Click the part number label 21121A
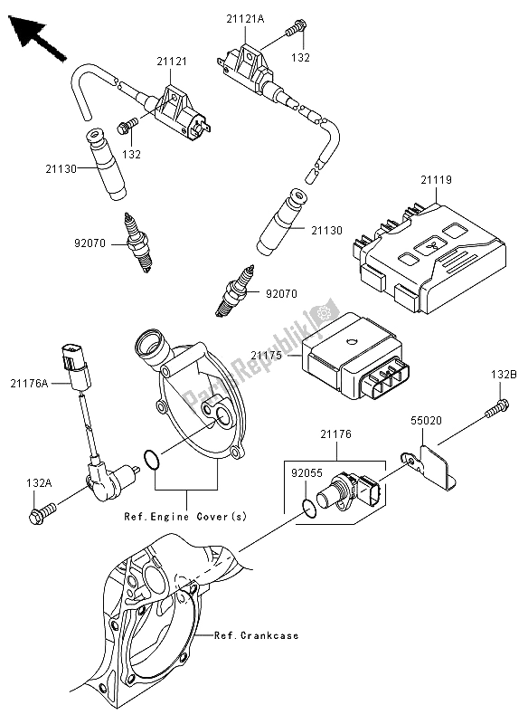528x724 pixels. click(x=244, y=19)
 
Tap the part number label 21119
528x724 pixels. click(x=436, y=179)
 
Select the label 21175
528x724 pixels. click(x=267, y=356)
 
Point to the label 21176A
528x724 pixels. click(x=29, y=383)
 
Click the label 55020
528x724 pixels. click(x=427, y=420)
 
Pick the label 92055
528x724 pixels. click(x=306, y=473)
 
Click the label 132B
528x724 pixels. click(x=500, y=375)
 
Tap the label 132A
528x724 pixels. click(x=39, y=483)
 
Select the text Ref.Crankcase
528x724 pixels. click(x=256, y=636)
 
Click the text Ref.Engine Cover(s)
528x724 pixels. click(x=185, y=516)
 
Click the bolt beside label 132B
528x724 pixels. click(x=496, y=409)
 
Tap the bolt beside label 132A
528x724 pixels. click(x=42, y=513)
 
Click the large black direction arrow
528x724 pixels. click(x=37, y=37)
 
